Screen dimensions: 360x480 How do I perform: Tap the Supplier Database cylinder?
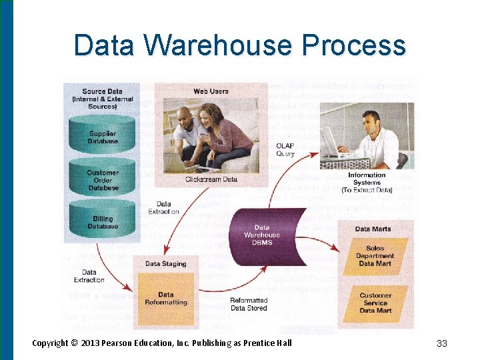[x=103, y=137]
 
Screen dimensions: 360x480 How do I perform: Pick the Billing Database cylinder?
[x=103, y=222]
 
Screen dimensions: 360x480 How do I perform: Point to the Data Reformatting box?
[x=165, y=298]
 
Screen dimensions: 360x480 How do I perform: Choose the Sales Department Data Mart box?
[x=375, y=255]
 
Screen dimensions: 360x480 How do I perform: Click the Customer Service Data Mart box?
[x=375, y=302]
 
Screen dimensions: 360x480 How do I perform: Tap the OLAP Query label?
[x=285, y=149]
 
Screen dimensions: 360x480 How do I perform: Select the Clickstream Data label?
[x=211, y=179]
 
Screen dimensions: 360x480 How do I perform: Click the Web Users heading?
[x=211, y=91]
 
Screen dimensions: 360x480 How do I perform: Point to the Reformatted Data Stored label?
[x=249, y=304]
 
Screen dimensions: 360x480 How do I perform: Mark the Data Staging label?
[x=165, y=264]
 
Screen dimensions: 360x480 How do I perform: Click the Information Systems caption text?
[x=367, y=183]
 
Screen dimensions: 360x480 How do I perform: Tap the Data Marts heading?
[x=373, y=229]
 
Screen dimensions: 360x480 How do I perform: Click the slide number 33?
[x=441, y=343]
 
